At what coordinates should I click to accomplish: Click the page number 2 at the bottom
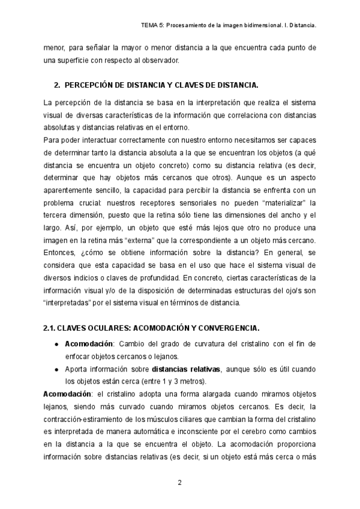pyautogui.click(x=179, y=483)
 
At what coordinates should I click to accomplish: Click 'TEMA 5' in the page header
pyautogui.click(x=150, y=26)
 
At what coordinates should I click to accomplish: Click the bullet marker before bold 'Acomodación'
pyautogui.click(x=56, y=344)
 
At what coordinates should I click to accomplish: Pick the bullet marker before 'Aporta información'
pyautogui.click(x=56, y=369)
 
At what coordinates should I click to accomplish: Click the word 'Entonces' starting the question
pyautogui.click(x=62, y=251)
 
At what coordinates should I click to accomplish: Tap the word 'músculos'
pyautogui.click(x=173, y=420)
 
